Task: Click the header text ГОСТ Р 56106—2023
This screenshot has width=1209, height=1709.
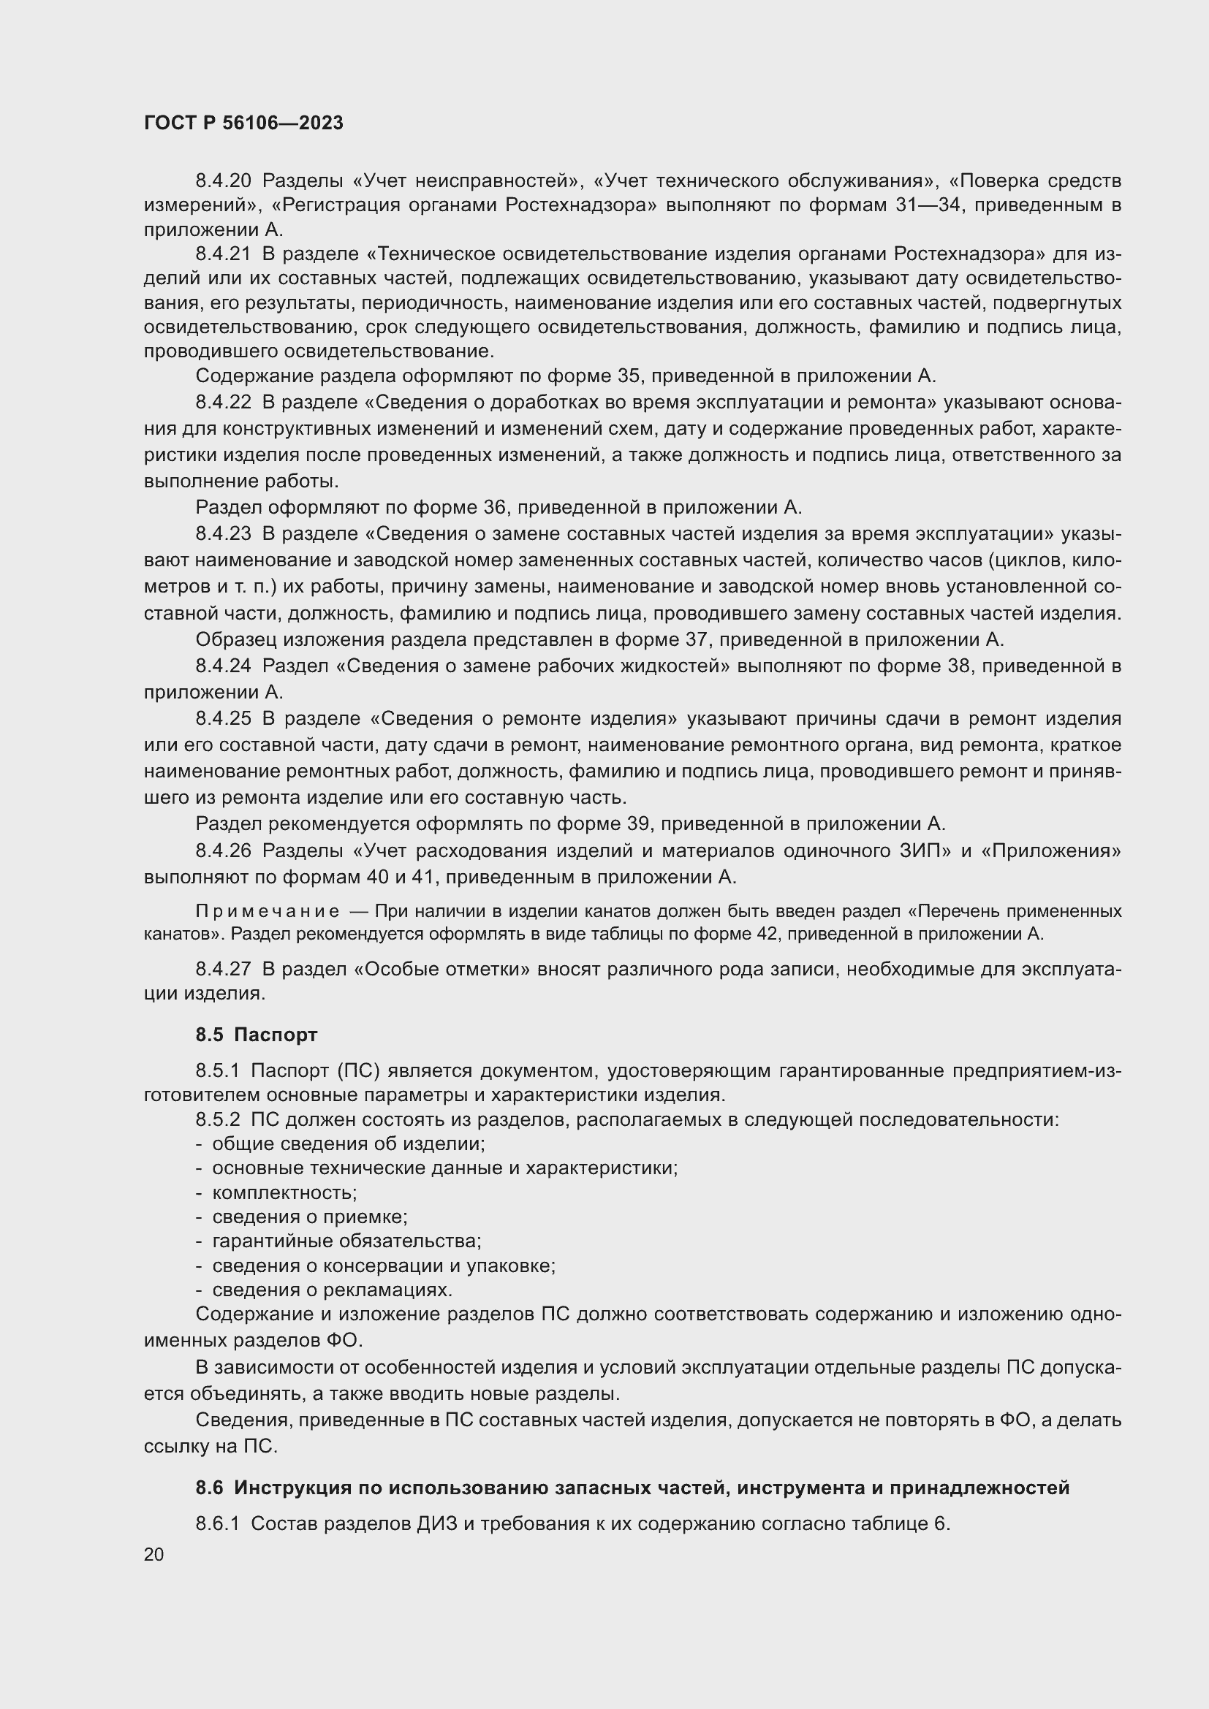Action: [243, 123]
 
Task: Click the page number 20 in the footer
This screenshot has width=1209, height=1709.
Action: [154, 1554]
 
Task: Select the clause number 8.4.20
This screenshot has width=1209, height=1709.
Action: [224, 181]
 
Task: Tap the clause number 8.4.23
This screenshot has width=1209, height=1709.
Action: [224, 533]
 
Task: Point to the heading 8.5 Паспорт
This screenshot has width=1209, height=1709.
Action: [256, 1035]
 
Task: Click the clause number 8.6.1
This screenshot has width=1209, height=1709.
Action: [217, 1523]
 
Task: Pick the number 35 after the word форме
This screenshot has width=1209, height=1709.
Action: [630, 376]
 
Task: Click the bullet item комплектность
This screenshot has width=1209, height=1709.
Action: [284, 1192]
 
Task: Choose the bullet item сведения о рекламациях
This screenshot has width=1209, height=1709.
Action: [332, 1289]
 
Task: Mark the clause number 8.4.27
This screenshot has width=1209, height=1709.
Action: [224, 969]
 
